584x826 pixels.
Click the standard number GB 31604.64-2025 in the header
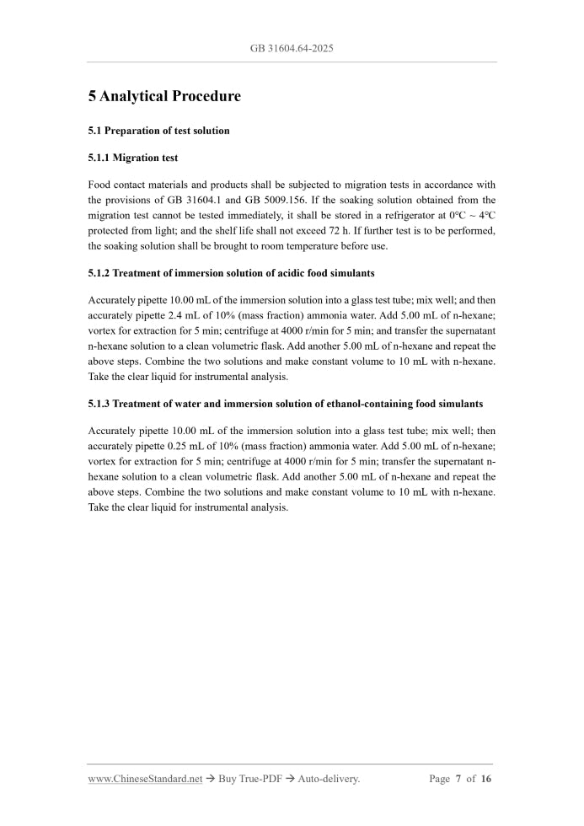[292, 48]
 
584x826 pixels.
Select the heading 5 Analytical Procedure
[164, 96]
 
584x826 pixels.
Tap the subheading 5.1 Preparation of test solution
[158, 131]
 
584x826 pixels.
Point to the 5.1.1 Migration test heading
[132, 158]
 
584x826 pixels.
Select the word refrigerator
[415, 215]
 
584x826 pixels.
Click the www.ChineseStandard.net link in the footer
[145, 779]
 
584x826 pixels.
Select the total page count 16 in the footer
[486, 779]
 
